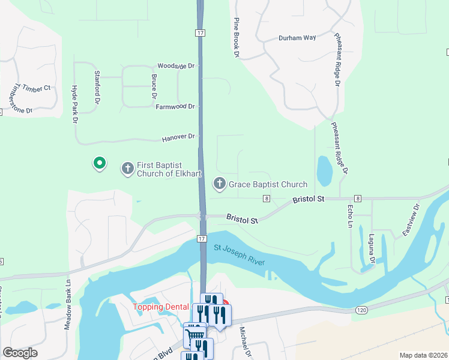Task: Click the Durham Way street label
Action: (297, 38)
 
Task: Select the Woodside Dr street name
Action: (176, 65)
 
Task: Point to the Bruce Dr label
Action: (154, 86)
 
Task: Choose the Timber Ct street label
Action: (37, 88)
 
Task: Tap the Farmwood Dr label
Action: (175, 107)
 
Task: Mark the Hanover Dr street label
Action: (178, 138)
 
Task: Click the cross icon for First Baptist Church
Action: (127, 169)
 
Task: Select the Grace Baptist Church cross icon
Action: (220, 184)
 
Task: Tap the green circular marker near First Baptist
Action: (99, 163)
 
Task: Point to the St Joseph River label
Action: (239, 255)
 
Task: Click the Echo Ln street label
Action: (350, 216)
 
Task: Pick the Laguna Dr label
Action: (372, 249)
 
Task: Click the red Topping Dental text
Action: (160, 307)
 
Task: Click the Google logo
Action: (20, 353)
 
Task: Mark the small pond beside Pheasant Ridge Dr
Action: (324, 171)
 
